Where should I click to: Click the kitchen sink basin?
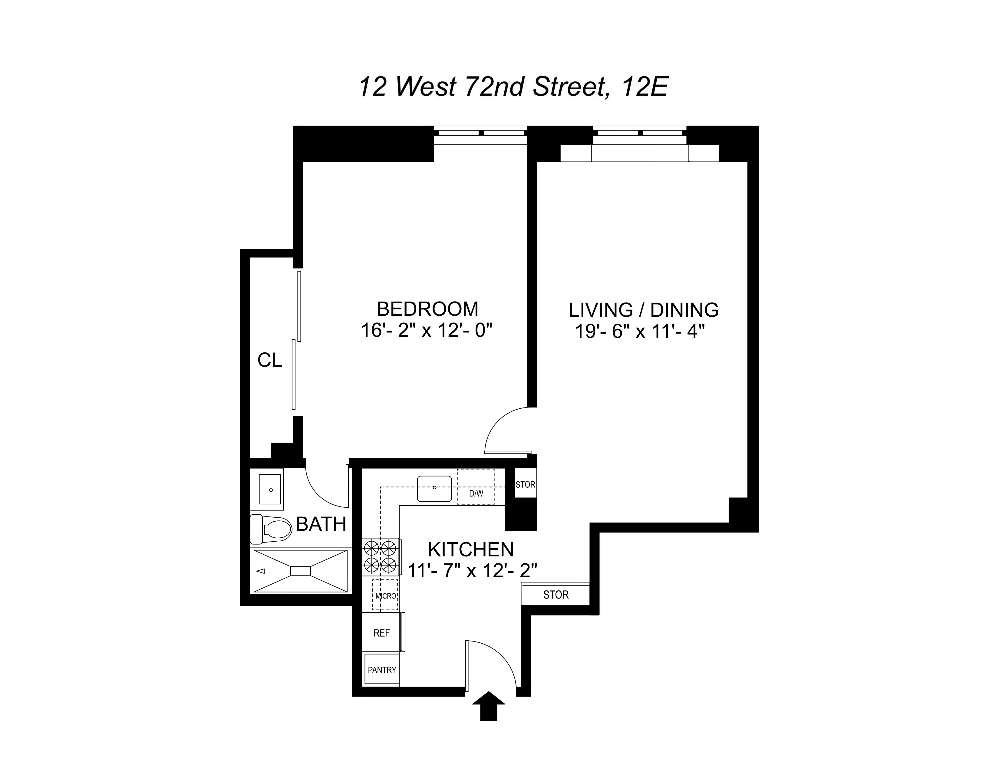(x=434, y=488)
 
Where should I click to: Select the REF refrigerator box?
(x=381, y=633)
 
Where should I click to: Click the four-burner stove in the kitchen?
(x=380, y=556)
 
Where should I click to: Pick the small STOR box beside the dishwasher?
(x=525, y=484)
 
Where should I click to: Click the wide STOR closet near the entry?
(x=555, y=595)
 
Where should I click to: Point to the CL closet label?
(x=269, y=360)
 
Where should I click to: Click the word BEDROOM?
(x=427, y=309)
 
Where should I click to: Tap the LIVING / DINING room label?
(x=643, y=310)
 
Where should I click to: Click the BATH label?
(x=321, y=524)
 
